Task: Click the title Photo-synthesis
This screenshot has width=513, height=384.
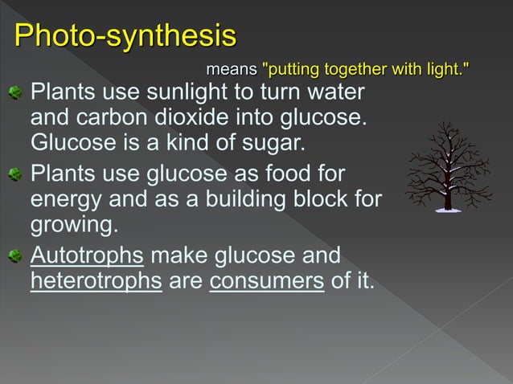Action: pos(126,36)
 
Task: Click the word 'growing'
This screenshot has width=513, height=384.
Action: pos(69,225)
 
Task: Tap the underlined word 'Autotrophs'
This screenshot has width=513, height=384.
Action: pos(87,256)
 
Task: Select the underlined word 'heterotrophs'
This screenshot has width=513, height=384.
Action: pos(96,283)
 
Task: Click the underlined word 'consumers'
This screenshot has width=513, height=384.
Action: pos(267,283)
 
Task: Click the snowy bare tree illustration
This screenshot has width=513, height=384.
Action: pos(447,167)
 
